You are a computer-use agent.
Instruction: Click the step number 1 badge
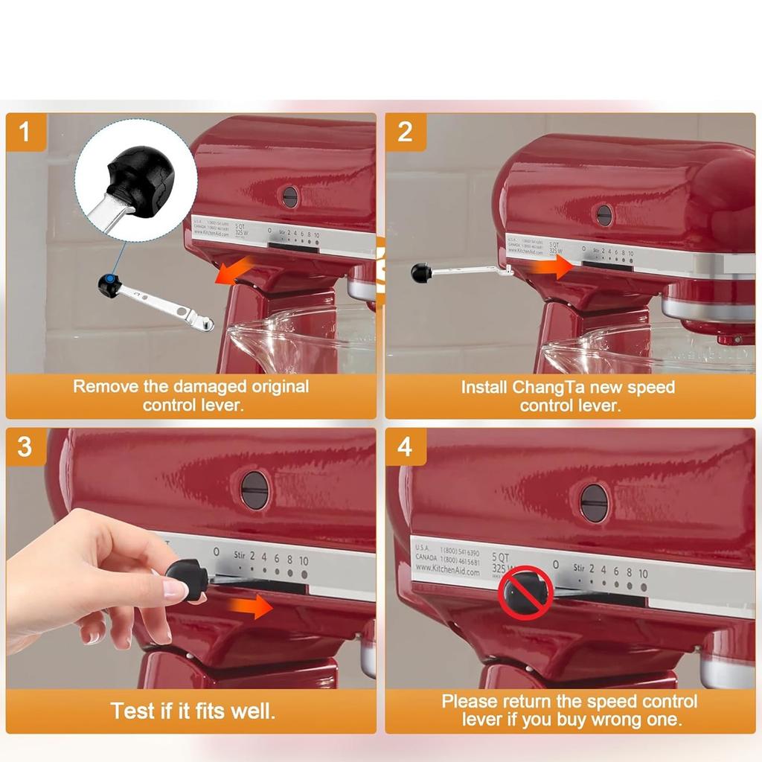(25, 132)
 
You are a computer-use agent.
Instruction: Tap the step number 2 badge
(406, 132)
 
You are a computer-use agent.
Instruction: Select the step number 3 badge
(25, 448)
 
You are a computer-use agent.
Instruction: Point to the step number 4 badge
(406, 448)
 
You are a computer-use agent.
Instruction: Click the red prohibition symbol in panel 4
(525, 593)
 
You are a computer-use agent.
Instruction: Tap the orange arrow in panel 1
(229, 274)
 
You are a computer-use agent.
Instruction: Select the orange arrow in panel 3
(251, 606)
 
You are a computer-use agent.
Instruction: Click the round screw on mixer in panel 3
(255, 490)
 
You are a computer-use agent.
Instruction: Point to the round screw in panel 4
(594, 503)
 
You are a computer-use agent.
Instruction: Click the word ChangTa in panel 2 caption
(548, 388)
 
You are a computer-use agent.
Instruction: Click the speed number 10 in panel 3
(304, 560)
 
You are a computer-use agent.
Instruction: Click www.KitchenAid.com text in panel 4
(449, 571)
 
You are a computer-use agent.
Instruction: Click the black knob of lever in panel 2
(421, 273)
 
